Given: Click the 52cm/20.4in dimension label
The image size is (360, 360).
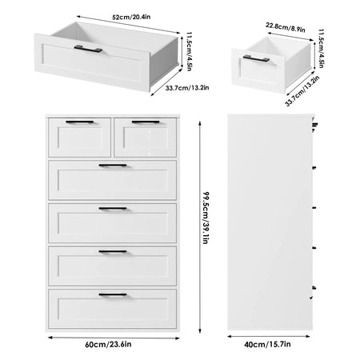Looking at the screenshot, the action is [x=131, y=17].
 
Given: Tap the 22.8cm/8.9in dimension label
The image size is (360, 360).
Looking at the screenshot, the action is [x=286, y=27].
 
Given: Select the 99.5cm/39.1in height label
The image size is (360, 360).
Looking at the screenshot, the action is [x=206, y=218].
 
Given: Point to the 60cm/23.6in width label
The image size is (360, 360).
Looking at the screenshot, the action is [x=108, y=344].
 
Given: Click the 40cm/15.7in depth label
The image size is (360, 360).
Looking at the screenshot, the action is [x=267, y=344].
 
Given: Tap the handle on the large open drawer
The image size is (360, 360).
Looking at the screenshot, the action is [x=88, y=49].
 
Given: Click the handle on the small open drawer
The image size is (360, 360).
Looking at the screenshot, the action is [x=256, y=58].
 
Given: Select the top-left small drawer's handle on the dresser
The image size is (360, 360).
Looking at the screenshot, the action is [x=80, y=122].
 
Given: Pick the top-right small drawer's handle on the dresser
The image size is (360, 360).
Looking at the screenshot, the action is [x=146, y=122].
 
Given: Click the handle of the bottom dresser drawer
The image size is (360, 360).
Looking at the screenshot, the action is [x=113, y=294].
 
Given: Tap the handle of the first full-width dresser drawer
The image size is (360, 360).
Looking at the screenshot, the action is [x=113, y=166].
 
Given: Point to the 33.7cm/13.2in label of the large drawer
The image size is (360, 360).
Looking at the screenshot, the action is [x=187, y=88].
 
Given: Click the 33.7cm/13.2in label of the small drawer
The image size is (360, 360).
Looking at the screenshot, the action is [x=302, y=91].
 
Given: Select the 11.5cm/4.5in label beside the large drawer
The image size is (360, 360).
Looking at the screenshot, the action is [x=189, y=51].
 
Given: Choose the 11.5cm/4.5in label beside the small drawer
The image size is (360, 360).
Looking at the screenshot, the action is [x=321, y=48].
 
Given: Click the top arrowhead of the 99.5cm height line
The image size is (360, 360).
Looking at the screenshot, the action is [x=200, y=123].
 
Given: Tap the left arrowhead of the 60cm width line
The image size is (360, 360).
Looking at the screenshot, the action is [x=50, y=338].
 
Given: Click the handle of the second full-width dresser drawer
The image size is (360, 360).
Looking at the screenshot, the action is [x=113, y=208].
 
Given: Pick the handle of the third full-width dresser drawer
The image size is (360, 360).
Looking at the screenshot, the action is [x=113, y=251].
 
